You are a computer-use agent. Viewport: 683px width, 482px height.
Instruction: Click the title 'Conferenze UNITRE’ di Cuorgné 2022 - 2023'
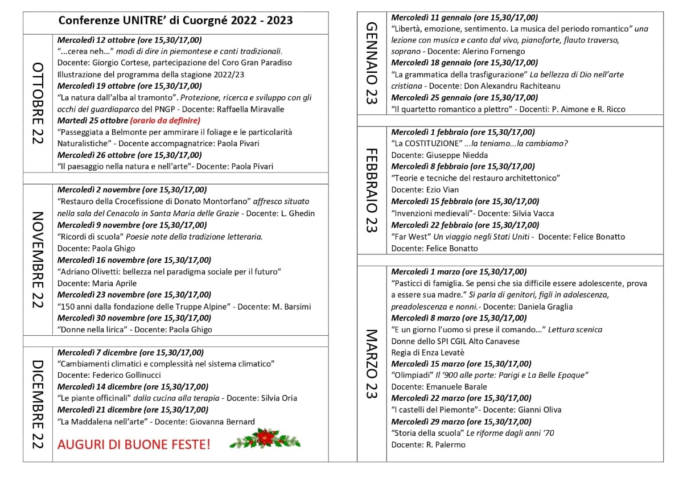pyautogui.click(x=175, y=21)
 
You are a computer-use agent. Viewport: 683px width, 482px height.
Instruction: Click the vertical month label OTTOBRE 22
pyautogui.click(x=38, y=103)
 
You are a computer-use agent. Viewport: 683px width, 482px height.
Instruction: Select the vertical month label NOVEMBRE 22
pyautogui.click(x=38, y=260)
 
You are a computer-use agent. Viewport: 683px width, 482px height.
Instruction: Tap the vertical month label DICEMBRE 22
pyautogui.click(x=38, y=404)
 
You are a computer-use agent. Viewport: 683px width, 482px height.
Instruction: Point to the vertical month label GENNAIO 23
pyautogui.click(x=371, y=63)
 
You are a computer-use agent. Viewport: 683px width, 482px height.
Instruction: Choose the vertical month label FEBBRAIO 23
pyautogui.click(x=371, y=191)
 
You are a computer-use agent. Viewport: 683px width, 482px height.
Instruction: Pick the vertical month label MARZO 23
pyautogui.click(x=371, y=364)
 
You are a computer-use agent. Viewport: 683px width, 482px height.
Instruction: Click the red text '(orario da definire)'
pyautogui.click(x=165, y=121)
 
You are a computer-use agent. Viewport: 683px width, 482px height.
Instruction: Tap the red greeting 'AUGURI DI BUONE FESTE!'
pyautogui.click(x=134, y=444)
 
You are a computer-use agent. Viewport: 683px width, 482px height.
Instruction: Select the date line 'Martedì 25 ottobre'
pyautogui.click(x=93, y=121)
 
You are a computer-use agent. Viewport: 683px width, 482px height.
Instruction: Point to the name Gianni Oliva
pyautogui.click(x=540, y=410)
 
